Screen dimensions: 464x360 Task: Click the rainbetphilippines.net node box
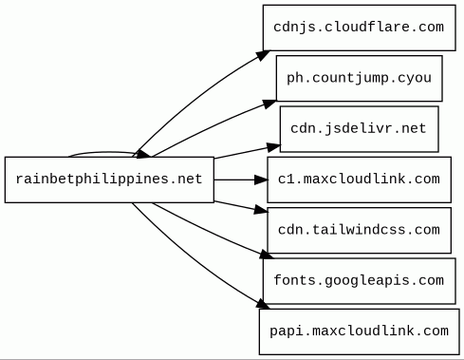(109, 180)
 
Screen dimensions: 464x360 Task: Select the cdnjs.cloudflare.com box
(360, 28)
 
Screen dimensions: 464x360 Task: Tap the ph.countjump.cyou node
(360, 78)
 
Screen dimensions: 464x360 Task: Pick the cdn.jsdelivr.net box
(360, 129)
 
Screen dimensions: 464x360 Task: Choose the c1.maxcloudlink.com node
(360, 180)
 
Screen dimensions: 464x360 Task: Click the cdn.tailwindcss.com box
(360, 230)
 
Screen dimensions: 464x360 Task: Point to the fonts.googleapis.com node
(360, 281)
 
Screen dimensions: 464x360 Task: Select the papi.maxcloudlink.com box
(360, 332)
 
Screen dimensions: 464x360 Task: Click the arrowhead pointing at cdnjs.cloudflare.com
(263, 55)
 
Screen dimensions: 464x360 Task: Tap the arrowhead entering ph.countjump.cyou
(269, 104)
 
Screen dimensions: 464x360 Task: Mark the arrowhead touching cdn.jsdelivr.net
(274, 147)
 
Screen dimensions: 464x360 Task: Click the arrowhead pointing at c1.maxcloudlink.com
(261, 180)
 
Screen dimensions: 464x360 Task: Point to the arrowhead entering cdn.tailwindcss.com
(261, 210)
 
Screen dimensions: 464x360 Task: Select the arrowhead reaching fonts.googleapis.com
(267, 255)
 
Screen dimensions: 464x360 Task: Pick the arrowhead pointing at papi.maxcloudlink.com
(263, 304)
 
